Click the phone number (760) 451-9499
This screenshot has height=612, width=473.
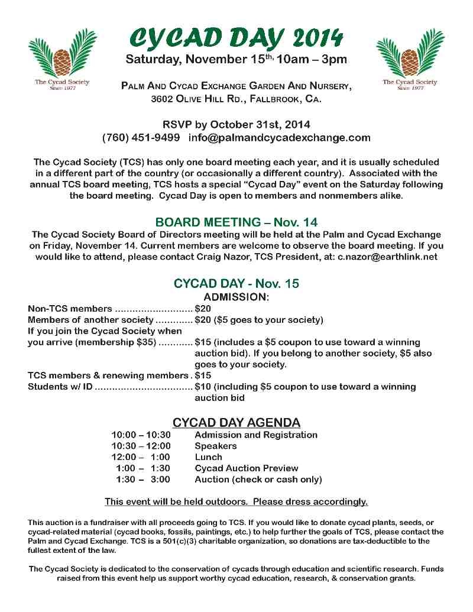(141, 138)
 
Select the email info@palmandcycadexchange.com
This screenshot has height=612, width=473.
(280, 138)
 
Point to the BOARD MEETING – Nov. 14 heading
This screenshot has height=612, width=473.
(236, 222)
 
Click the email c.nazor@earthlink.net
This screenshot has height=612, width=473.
(388, 257)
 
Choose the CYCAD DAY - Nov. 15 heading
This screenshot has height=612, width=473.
(236, 283)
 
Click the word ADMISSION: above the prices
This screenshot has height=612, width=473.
(236, 296)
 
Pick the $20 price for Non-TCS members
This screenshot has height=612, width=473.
(203, 309)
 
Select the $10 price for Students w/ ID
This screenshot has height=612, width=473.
(203, 387)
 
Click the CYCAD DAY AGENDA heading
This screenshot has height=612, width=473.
(236, 423)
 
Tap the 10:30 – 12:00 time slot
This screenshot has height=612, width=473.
(141, 446)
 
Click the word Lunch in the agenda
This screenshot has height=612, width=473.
(208, 457)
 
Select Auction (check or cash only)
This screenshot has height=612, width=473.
(258, 480)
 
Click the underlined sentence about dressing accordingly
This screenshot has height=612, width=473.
(236, 501)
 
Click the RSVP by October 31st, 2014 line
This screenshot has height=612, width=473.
(236, 125)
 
